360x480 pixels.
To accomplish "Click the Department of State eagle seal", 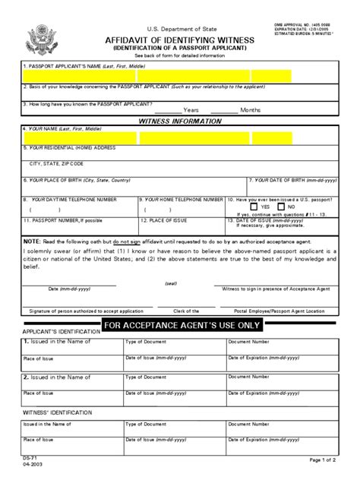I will point(39,38).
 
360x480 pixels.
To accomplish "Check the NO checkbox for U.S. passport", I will point(282,207).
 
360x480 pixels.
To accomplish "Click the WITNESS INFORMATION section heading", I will point(180,122).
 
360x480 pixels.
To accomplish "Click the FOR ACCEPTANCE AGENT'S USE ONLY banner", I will point(182,326).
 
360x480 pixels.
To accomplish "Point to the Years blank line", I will point(174,110).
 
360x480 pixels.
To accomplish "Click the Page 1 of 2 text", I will point(327,459).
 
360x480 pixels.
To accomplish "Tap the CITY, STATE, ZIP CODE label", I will point(56,163).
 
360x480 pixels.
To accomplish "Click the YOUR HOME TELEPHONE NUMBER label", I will point(178,199).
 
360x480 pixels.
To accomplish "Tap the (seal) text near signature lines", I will point(171,283).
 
